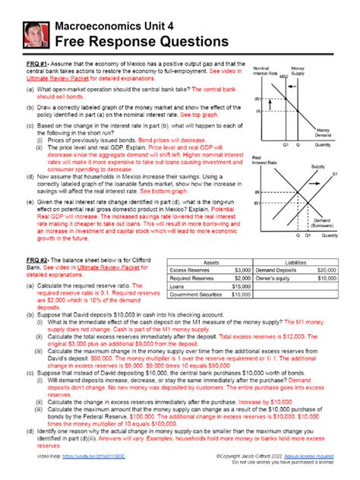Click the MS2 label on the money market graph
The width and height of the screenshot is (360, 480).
point(283,77)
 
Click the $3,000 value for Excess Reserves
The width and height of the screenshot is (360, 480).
point(242,270)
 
